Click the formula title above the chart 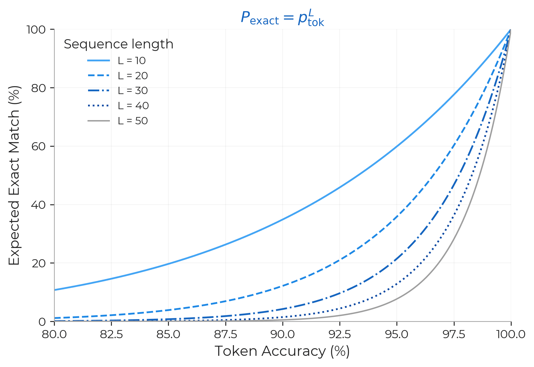282,18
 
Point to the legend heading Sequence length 119,44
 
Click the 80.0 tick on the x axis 54,334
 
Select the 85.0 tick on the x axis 168,334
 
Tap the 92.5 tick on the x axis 340,334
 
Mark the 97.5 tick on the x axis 454,334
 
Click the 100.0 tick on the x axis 511,334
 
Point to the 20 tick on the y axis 39,263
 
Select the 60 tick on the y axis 39,146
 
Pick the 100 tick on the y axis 36,29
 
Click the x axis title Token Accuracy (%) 282,351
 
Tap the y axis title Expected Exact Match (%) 14,175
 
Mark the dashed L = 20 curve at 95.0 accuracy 397,217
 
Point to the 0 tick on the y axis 42,322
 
